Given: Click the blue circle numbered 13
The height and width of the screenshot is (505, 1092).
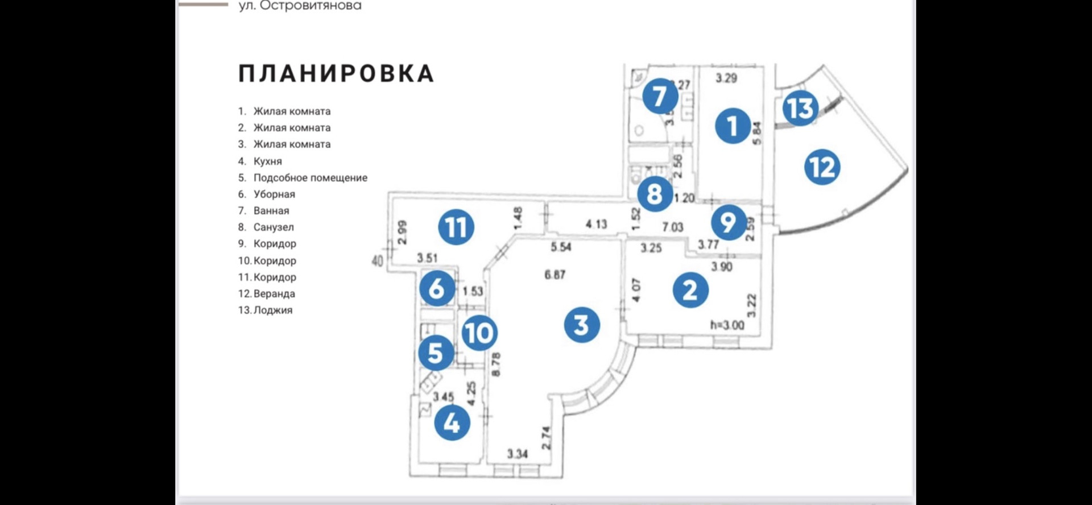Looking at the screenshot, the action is click(800, 108).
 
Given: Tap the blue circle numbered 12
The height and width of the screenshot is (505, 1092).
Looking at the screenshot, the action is click(822, 167).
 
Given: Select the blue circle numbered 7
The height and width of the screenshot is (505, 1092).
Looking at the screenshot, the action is click(660, 96).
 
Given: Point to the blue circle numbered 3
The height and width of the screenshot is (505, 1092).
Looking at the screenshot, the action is click(581, 325).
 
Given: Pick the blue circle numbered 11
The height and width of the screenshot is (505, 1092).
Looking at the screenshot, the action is click(456, 227).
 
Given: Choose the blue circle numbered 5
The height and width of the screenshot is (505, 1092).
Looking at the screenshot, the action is click(436, 353).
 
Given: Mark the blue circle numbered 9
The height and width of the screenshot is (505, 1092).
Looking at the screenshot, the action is click(729, 222).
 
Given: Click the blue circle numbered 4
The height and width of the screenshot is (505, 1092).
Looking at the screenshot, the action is click(452, 423).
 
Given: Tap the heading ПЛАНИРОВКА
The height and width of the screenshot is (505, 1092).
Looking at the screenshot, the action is click(336, 74).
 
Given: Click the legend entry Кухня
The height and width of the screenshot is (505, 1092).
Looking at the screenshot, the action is click(267, 161).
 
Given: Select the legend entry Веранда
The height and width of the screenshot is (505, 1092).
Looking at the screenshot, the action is click(274, 293).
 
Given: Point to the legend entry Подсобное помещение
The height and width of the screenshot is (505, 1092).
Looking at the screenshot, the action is click(310, 177).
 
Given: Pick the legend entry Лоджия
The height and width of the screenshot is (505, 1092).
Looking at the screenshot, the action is click(272, 310).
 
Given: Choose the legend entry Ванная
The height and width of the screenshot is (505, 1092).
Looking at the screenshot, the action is click(271, 210).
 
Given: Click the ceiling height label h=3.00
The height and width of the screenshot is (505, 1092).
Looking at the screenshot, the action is click(727, 325).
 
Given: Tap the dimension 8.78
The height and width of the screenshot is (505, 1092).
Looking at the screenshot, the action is click(495, 365).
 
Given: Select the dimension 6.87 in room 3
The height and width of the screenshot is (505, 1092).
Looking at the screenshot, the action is click(555, 275).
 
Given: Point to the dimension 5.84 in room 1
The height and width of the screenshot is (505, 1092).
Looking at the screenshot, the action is click(756, 133).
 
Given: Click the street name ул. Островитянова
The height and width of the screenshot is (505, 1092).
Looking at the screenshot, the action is click(300, 6).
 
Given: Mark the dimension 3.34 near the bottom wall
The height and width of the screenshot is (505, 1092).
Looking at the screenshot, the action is click(517, 454).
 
